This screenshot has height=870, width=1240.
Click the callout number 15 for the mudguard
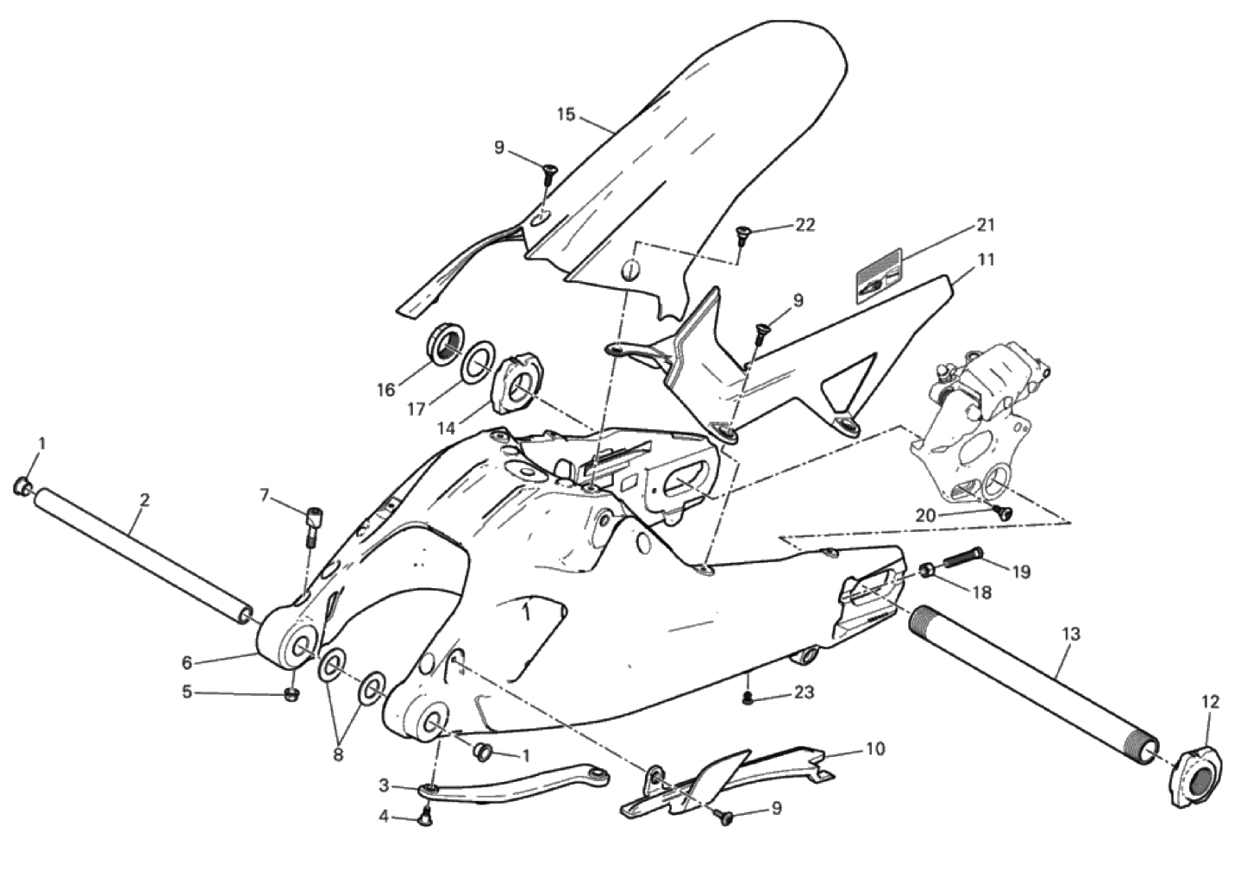[x=567, y=116]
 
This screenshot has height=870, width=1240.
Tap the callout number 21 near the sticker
[x=985, y=225]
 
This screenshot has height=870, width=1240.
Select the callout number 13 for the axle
[x=1072, y=635]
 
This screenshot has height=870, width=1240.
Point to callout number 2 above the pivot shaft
[x=145, y=500]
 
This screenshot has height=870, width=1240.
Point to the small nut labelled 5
[x=291, y=695]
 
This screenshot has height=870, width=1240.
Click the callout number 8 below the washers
[x=338, y=754]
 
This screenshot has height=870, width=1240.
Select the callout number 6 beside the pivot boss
[x=186, y=662]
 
